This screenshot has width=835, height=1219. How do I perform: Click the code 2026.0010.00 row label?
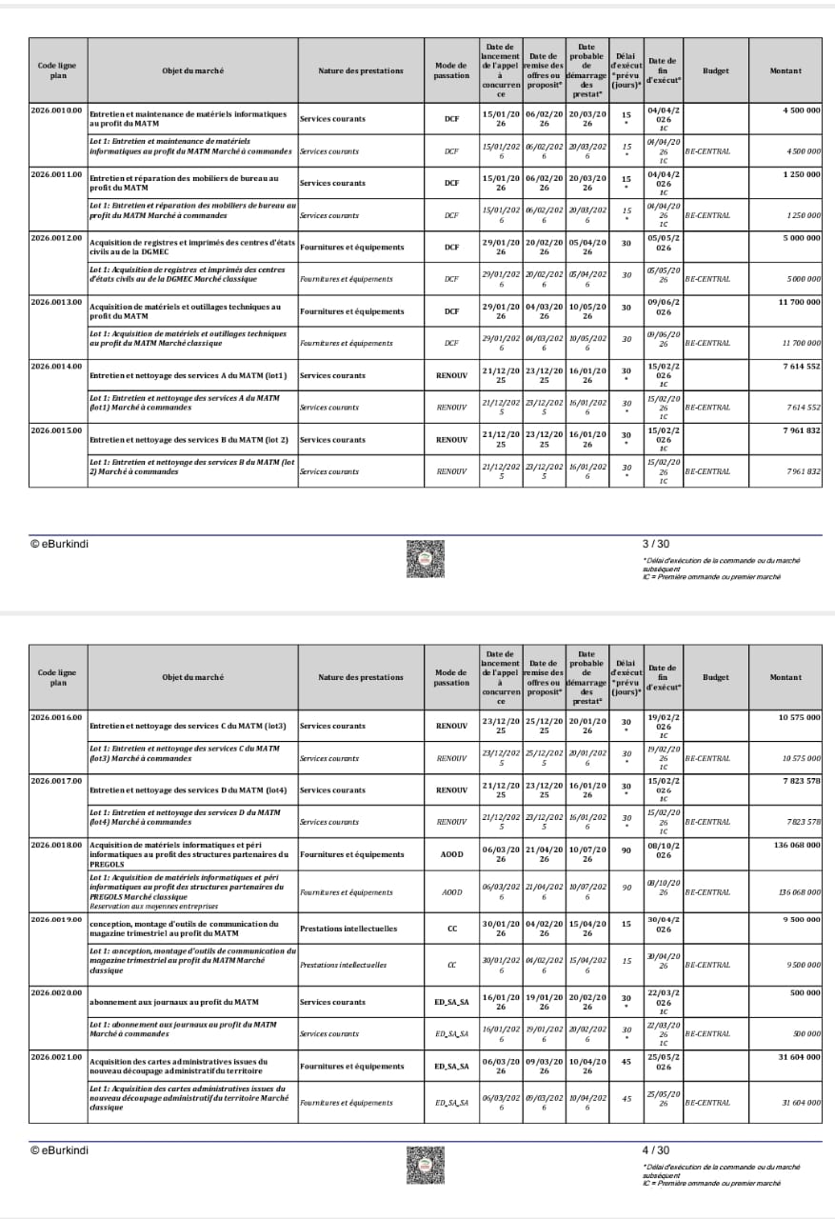[x=57, y=110]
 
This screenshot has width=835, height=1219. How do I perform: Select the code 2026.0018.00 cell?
[x=57, y=844]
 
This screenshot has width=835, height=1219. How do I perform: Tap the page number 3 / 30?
[x=656, y=544]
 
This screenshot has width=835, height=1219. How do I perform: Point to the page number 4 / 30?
[x=656, y=1149]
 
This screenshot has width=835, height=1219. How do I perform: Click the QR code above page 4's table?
[x=425, y=558]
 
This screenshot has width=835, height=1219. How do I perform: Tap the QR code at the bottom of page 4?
[x=425, y=1164]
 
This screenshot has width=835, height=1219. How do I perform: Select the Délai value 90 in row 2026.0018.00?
[x=626, y=854]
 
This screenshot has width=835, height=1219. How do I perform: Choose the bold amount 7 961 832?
[x=800, y=430]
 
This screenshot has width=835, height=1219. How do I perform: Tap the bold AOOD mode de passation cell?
[x=451, y=854]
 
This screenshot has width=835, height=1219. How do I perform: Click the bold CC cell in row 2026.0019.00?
[x=451, y=926]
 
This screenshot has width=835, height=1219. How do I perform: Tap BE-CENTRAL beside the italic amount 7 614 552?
[x=707, y=408]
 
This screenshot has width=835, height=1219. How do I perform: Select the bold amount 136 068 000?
[x=796, y=844]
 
